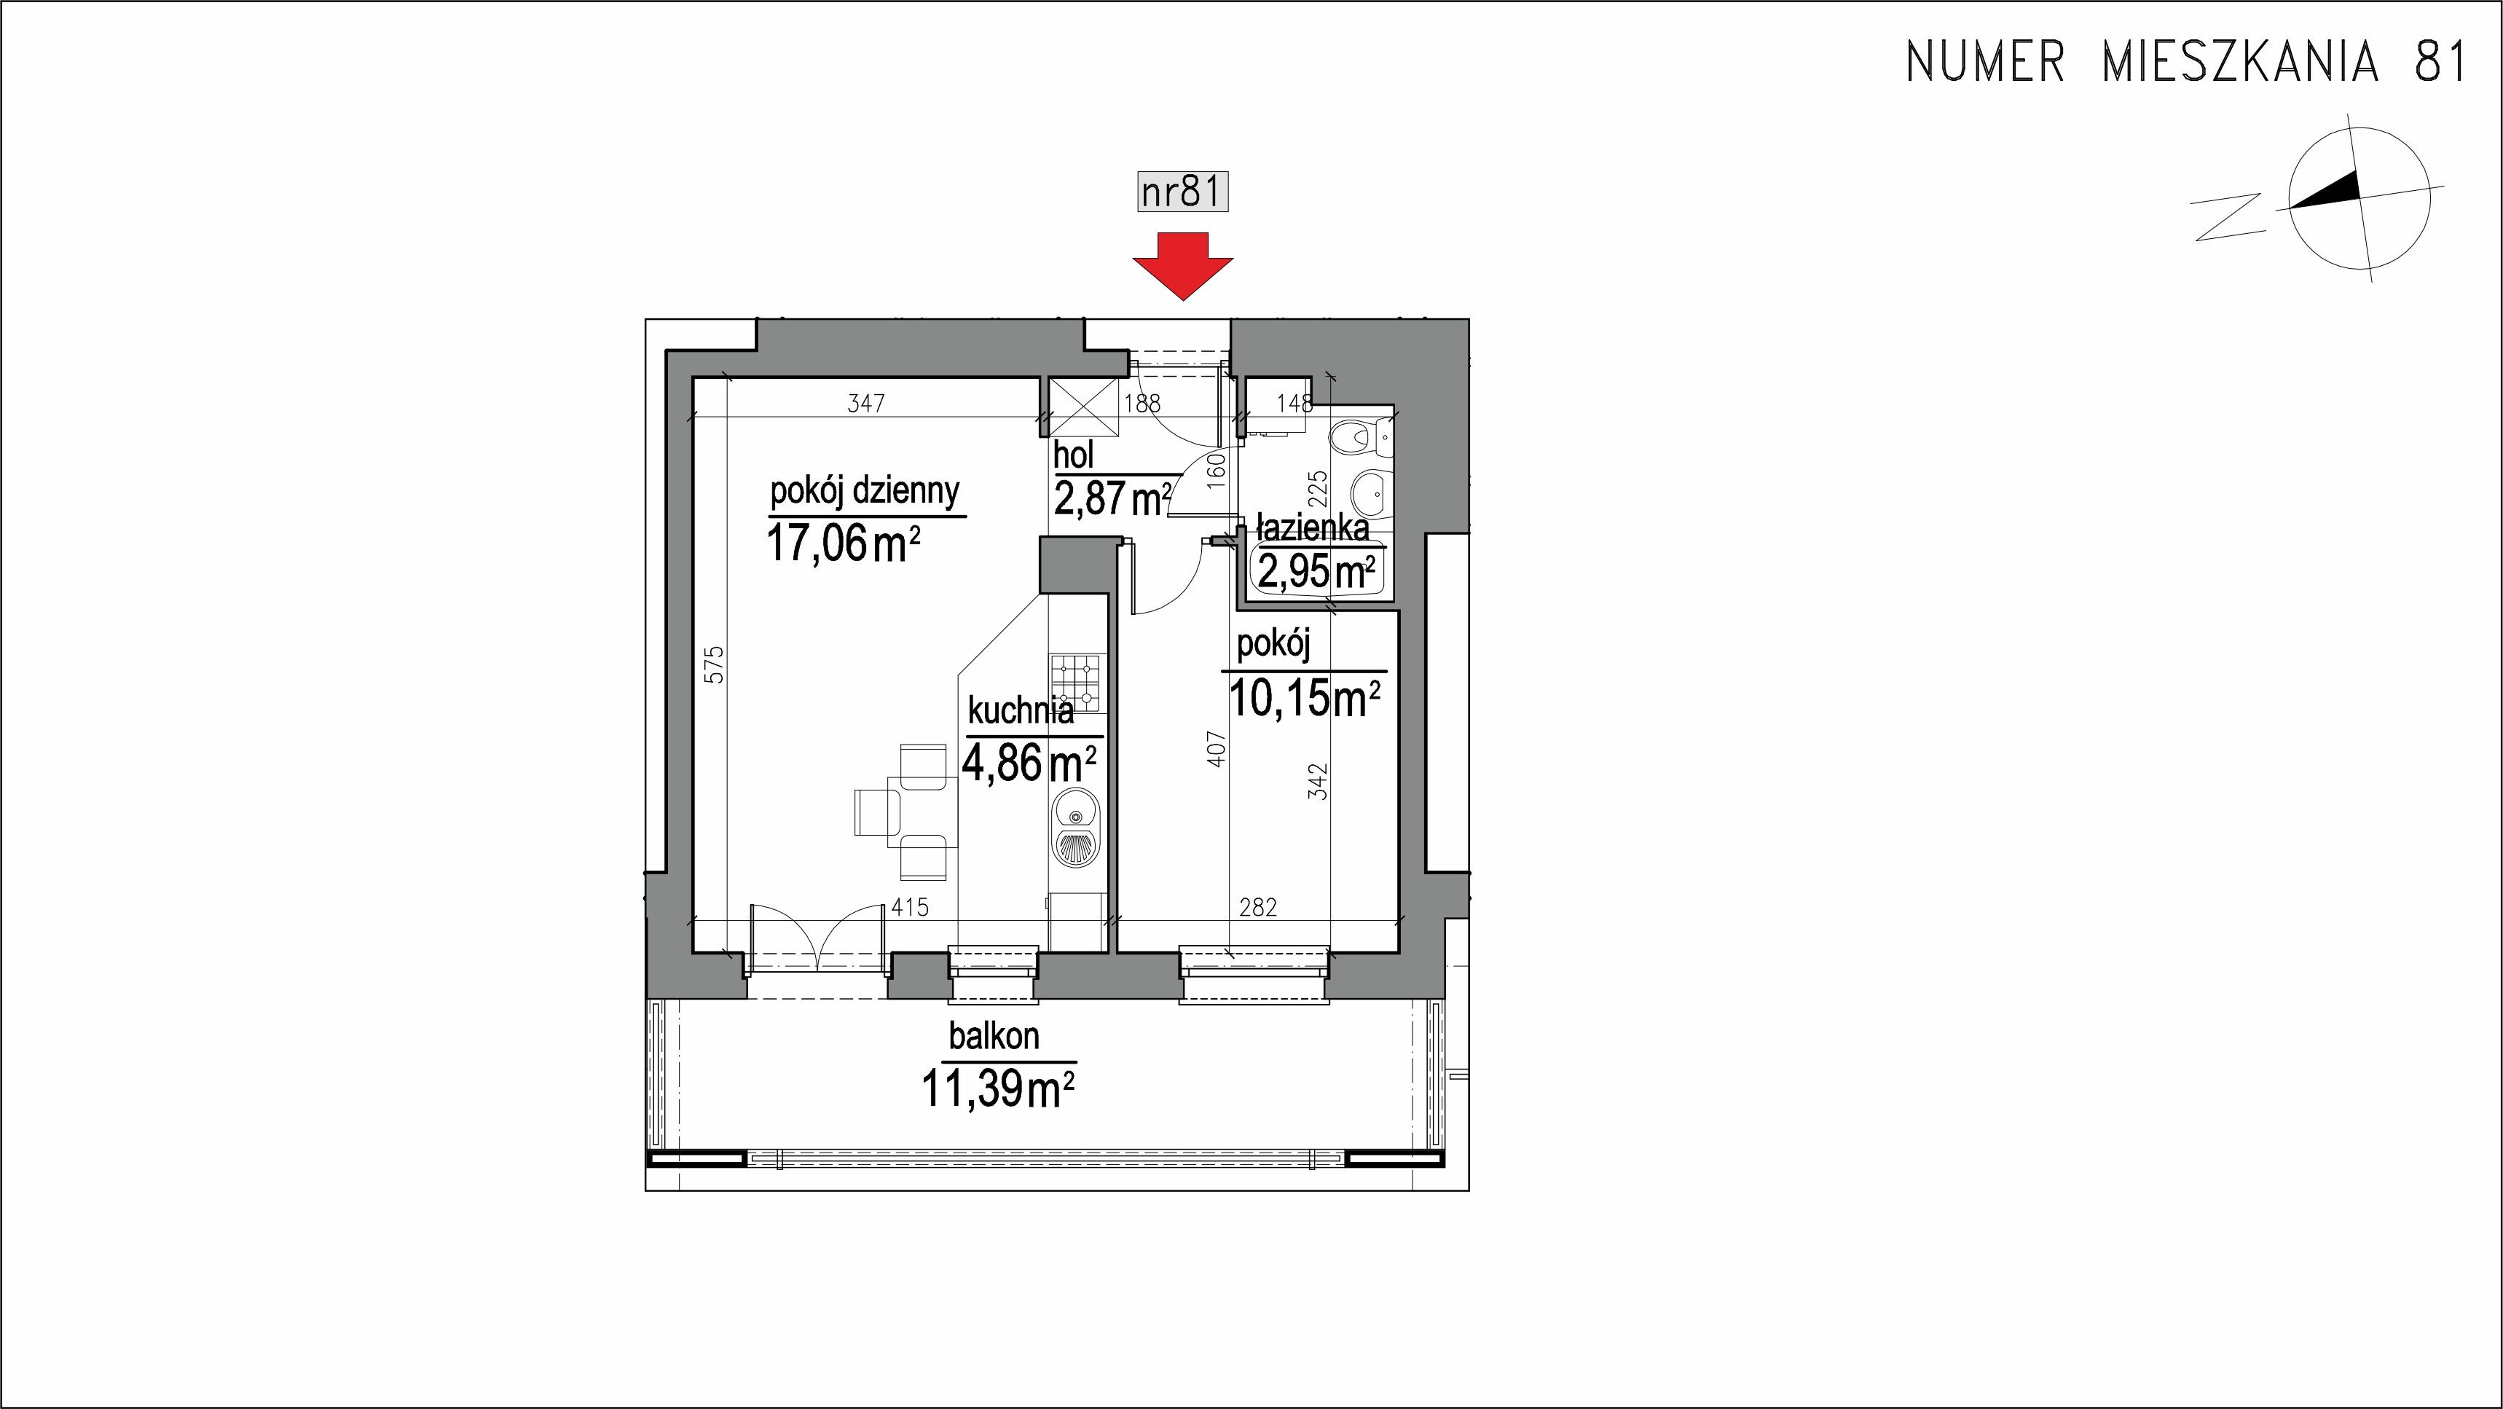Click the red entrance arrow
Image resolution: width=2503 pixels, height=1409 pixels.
tap(1182, 265)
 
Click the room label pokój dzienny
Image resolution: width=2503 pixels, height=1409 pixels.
tap(865, 492)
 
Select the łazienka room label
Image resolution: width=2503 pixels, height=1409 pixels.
tap(1313, 527)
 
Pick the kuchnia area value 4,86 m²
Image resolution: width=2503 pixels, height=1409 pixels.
tap(1030, 762)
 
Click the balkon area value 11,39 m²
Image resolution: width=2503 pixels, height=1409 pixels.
tap(998, 1089)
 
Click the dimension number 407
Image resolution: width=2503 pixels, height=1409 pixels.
tap(1217, 748)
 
